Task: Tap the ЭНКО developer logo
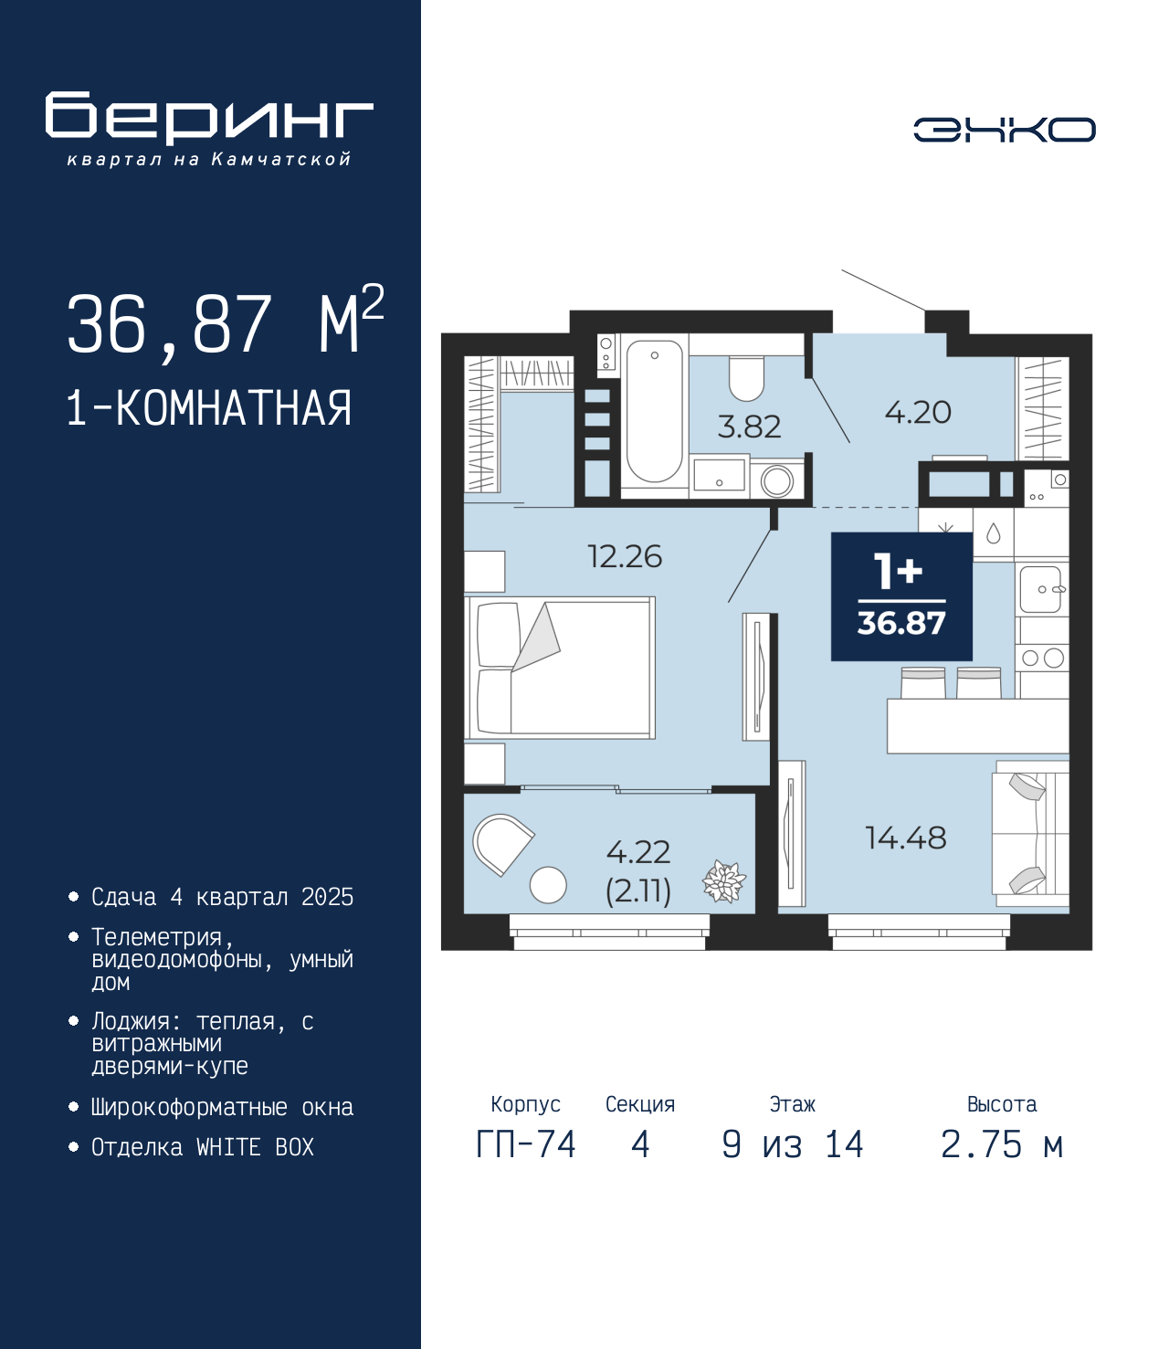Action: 1004,129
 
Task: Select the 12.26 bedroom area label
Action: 625,557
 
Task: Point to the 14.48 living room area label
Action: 905,838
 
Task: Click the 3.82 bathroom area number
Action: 749,427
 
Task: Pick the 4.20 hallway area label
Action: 918,413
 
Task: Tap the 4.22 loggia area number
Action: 637,852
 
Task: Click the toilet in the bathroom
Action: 746,378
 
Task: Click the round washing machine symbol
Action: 776,481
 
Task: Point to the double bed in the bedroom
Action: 559,668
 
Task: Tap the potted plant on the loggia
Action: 724,881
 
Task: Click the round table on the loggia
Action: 548,885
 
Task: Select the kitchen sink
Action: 1040,589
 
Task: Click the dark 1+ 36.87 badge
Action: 901,596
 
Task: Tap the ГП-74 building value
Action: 525,1144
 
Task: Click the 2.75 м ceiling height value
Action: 1001,1144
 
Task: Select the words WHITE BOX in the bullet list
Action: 255,1146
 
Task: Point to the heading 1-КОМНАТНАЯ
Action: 209,408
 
